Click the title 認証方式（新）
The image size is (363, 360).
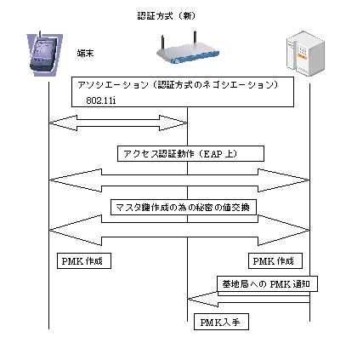click(x=167, y=16)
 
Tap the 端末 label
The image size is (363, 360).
click(x=85, y=53)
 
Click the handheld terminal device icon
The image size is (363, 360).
click(x=45, y=54)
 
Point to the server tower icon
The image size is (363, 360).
click(x=305, y=53)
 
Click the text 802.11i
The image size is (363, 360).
click(x=101, y=100)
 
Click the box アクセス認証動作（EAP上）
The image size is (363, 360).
click(x=190, y=154)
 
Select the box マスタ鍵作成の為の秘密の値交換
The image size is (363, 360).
click(x=184, y=208)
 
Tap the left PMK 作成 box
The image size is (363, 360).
click(x=84, y=260)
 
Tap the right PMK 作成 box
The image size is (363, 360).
click(x=275, y=260)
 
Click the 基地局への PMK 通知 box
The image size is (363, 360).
click(x=267, y=283)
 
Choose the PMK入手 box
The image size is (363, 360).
click(x=221, y=322)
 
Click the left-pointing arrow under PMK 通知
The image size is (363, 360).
click(x=249, y=300)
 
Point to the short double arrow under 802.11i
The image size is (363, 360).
click(x=118, y=123)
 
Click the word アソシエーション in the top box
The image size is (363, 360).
click(x=113, y=85)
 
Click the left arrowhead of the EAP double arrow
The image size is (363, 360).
click(x=76, y=180)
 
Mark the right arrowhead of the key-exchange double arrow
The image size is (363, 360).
click(x=284, y=230)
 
